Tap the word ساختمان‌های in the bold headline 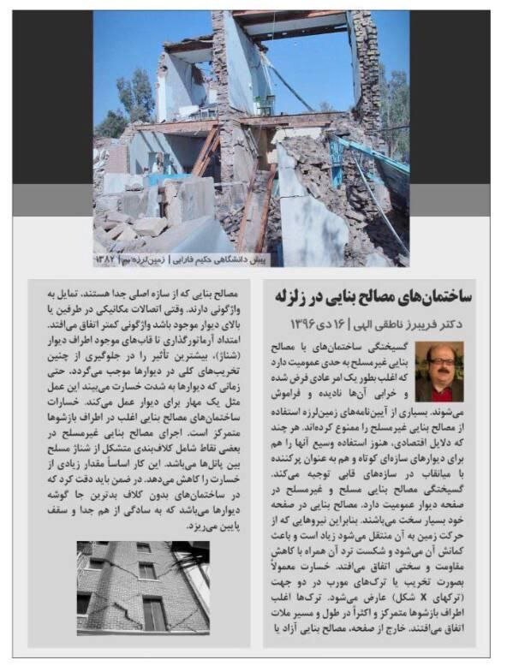(x=435, y=296)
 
